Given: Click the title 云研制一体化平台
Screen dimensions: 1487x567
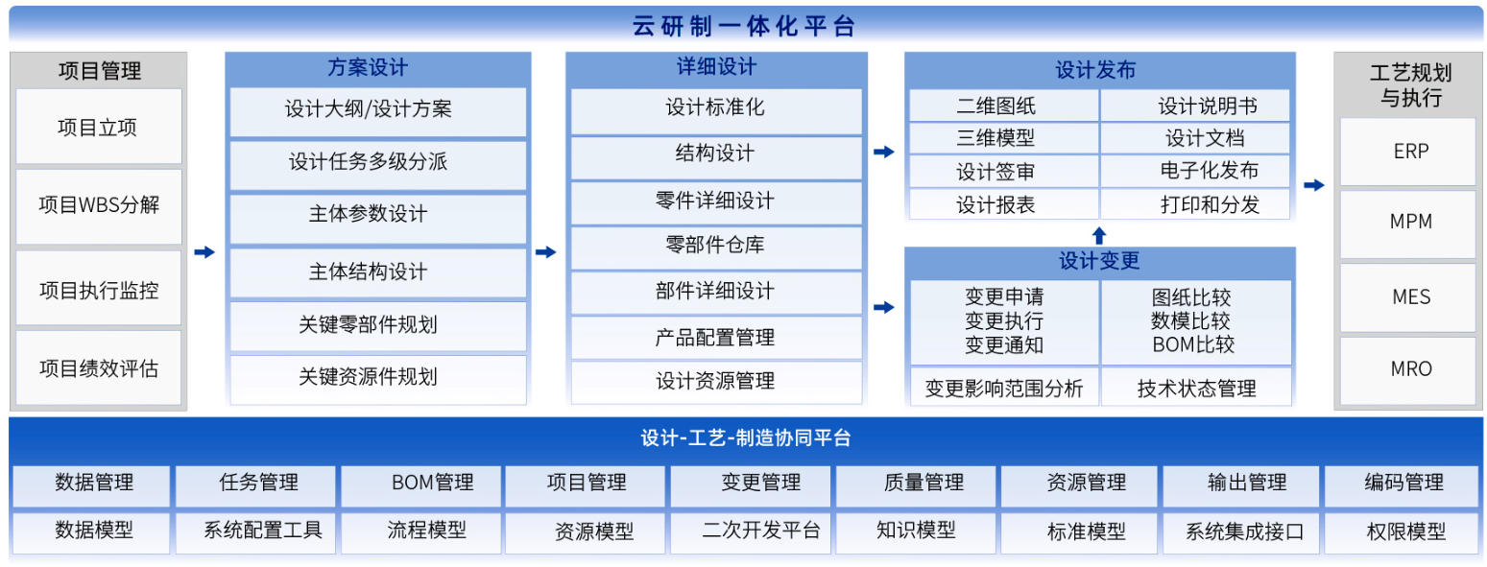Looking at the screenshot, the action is (743, 27).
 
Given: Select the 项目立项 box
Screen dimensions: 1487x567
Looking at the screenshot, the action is (98, 126).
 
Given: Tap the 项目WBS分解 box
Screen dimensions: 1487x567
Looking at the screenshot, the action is (98, 205).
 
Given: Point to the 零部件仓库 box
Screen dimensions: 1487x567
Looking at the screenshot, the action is (716, 247).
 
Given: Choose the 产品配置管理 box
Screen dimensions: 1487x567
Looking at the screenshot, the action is (716, 337).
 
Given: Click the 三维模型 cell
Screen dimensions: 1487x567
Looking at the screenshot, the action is (1004, 138).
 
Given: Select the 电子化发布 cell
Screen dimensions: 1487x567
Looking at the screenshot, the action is (1195, 171).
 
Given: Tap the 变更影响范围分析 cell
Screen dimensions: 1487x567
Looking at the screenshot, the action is (1004, 387).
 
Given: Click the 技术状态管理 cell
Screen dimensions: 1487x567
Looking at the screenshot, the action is (1196, 387).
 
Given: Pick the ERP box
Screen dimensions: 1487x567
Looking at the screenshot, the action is (1410, 152).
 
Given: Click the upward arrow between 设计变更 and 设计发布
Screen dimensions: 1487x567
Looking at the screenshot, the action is (1099, 235).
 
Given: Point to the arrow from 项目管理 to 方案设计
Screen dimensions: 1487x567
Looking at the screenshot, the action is (204, 252).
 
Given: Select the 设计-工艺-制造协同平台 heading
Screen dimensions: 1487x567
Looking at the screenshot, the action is (746, 437).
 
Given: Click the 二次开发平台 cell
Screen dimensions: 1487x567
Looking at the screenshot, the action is (750, 532).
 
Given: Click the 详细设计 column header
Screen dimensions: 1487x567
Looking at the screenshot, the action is (716, 67).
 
